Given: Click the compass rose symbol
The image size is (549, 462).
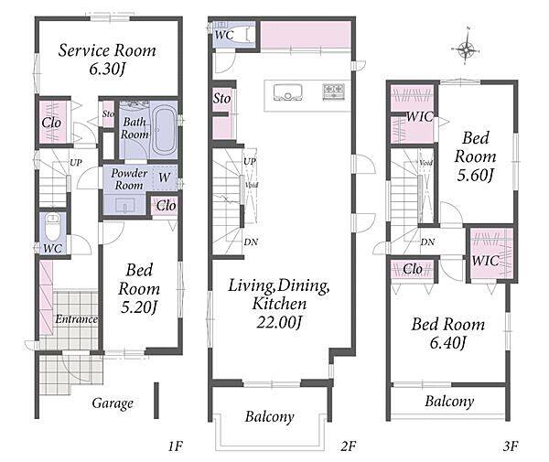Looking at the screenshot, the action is (x=466, y=48).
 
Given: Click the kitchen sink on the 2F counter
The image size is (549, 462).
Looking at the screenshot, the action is (x=287, y=92).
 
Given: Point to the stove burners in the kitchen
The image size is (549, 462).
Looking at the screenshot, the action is (x=333, y=91).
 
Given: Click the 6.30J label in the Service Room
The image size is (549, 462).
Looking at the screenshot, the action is (x=107, y=69).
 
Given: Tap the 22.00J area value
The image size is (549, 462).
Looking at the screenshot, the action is (x=279, y=322).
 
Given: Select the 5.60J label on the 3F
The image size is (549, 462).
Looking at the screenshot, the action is (x=476, y=175).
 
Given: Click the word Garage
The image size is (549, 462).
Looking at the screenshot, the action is (x=113, y=403).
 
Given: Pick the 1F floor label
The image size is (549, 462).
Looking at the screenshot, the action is (x=175, y=446).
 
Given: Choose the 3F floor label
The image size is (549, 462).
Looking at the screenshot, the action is (x=511, y=446).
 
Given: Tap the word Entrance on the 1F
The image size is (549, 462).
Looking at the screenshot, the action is (x=76, y=319).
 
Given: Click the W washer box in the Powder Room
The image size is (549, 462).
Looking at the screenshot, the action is (x=165, y=177).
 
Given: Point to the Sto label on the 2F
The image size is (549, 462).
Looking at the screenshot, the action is (x=222, y=99).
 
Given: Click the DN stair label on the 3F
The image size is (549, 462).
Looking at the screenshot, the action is (x=427, y=242).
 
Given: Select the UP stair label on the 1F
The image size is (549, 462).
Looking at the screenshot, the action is (x=76, y=163).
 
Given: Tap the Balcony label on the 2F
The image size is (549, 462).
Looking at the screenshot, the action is (x=270, y=417).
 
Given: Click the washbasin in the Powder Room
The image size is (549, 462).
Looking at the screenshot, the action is (x=125, y=205).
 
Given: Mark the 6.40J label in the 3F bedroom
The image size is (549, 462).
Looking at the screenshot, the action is (x=448, y=342).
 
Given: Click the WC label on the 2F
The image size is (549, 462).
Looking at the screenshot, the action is (x=224, y=35).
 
